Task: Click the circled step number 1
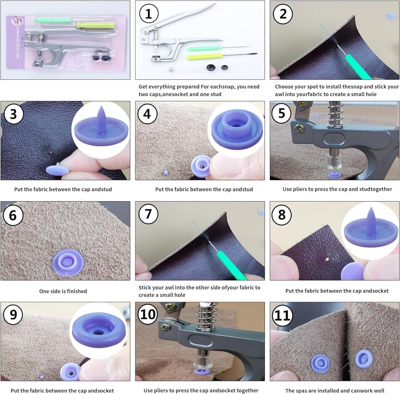[x=149, y=14]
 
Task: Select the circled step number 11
[x=282, y=316]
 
